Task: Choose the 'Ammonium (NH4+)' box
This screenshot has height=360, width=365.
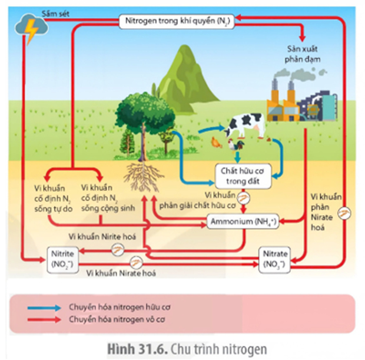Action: click(x=241, y=222)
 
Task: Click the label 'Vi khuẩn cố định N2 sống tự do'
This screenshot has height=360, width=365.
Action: click(x=52, y=197)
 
